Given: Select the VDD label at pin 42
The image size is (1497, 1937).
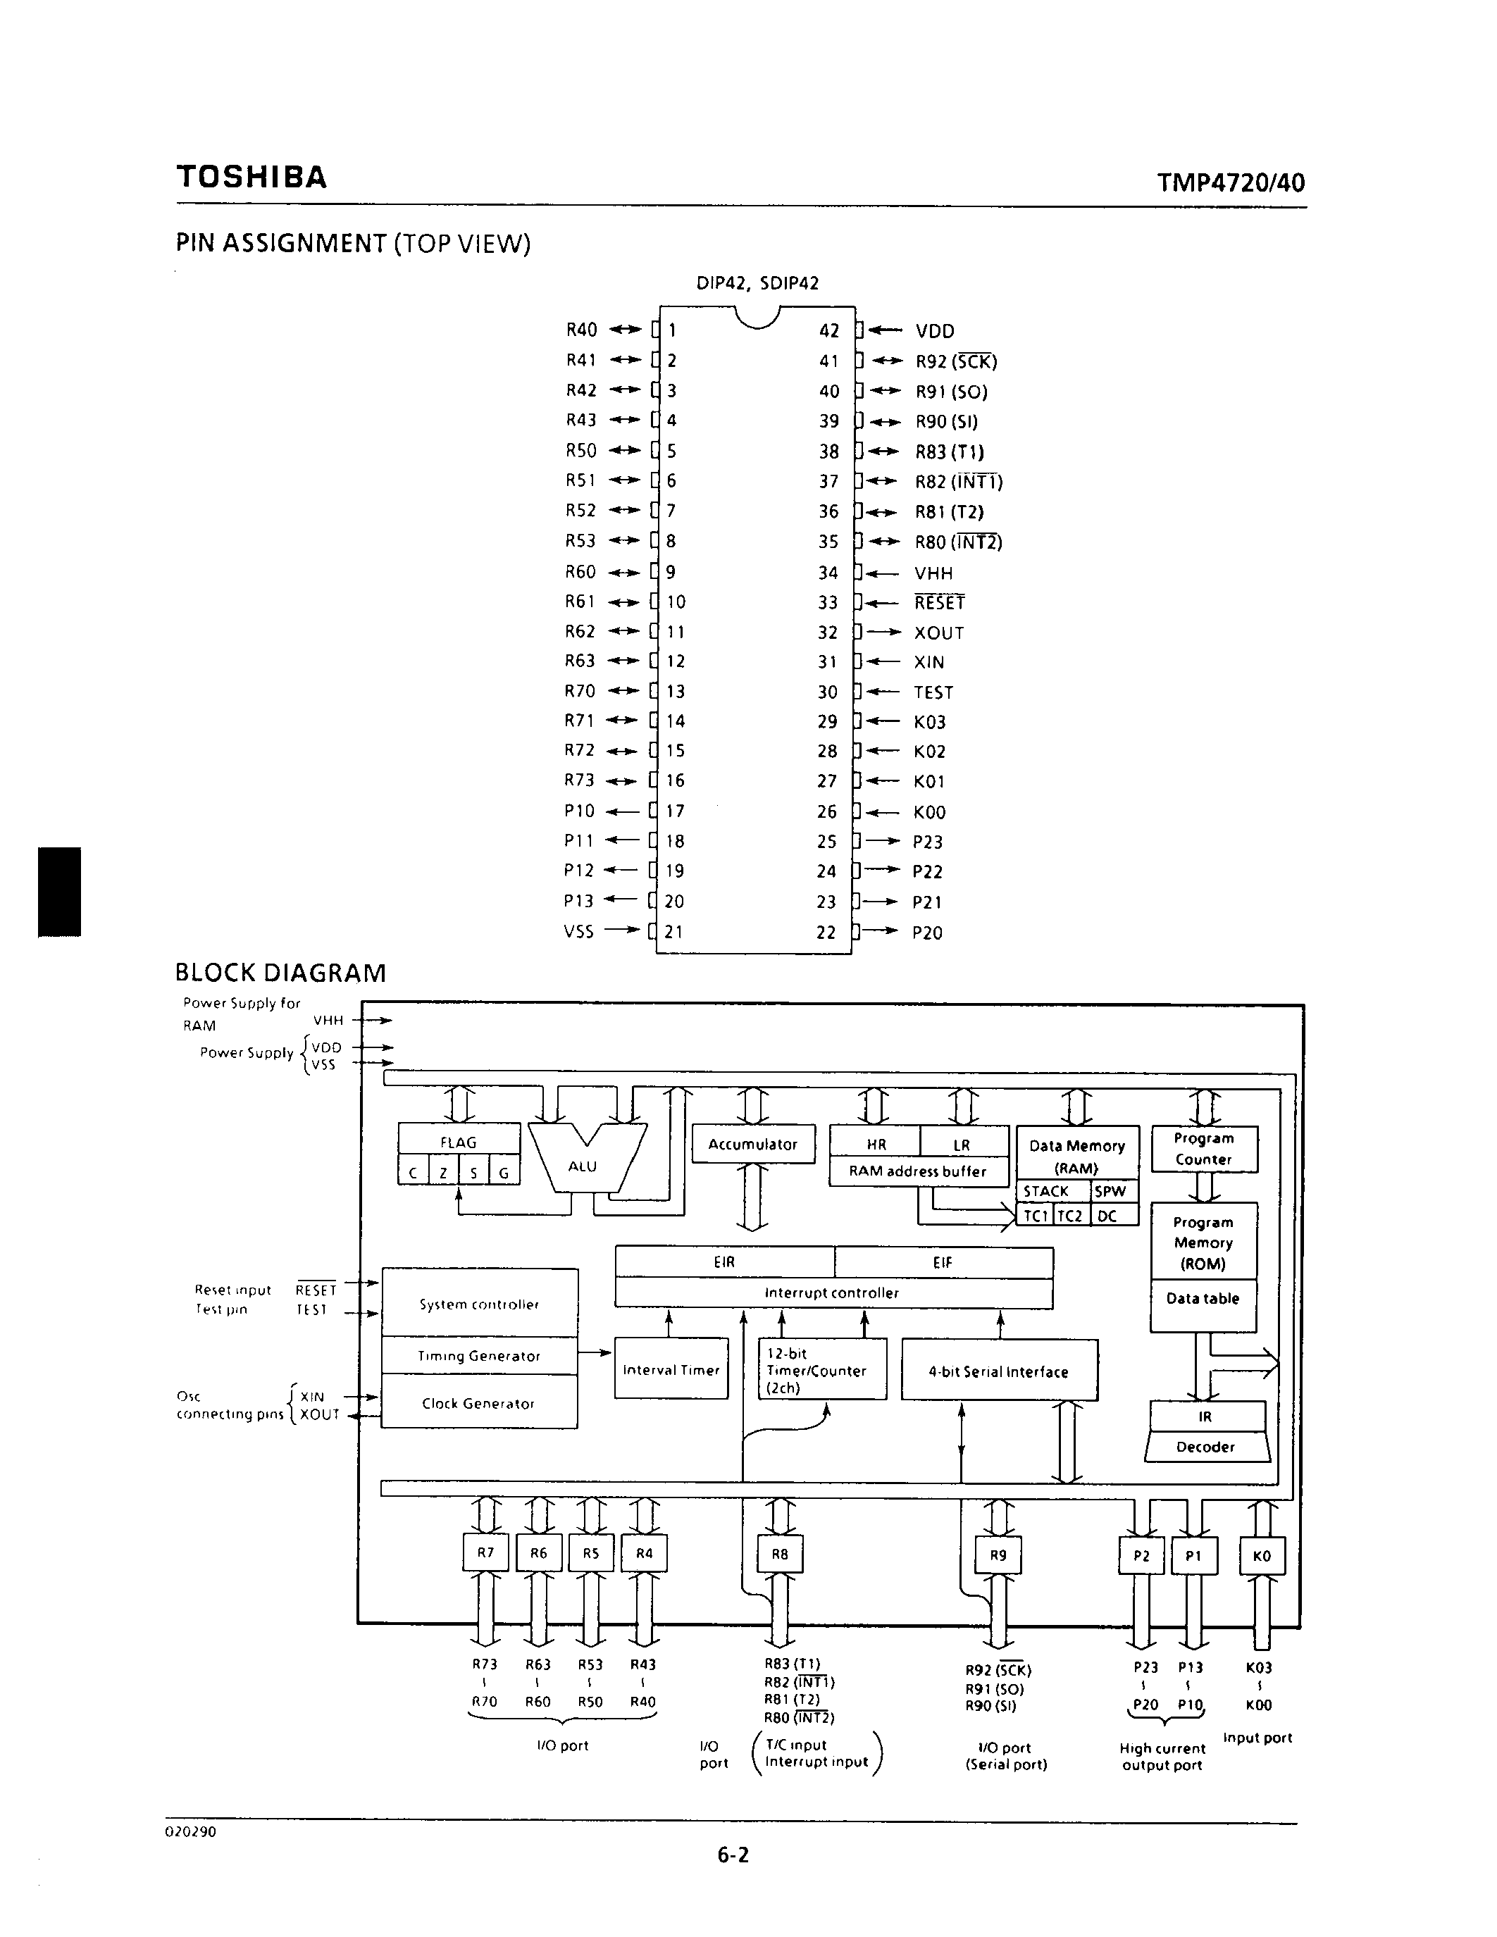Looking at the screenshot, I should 935,331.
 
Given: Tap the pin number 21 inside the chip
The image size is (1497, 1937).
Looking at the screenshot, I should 674,931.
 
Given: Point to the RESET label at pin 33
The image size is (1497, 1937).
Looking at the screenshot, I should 939,603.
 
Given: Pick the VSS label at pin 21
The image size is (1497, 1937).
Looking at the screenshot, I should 578,931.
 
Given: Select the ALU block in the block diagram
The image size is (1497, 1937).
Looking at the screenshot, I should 583,1166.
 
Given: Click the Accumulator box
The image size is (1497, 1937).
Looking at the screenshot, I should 753,1144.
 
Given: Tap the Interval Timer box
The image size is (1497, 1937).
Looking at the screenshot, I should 671,1370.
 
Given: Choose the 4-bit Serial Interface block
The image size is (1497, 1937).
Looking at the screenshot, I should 999,1372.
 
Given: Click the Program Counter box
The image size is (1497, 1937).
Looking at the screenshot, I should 1203,1149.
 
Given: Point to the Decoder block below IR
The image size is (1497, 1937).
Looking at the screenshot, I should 1205,1447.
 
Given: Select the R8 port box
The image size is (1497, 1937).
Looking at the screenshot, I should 780,1554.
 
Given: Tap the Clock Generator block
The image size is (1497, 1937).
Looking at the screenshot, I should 479,1403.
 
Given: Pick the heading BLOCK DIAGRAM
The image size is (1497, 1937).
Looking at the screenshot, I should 280,973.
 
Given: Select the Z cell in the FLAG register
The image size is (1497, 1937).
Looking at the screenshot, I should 443,1173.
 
